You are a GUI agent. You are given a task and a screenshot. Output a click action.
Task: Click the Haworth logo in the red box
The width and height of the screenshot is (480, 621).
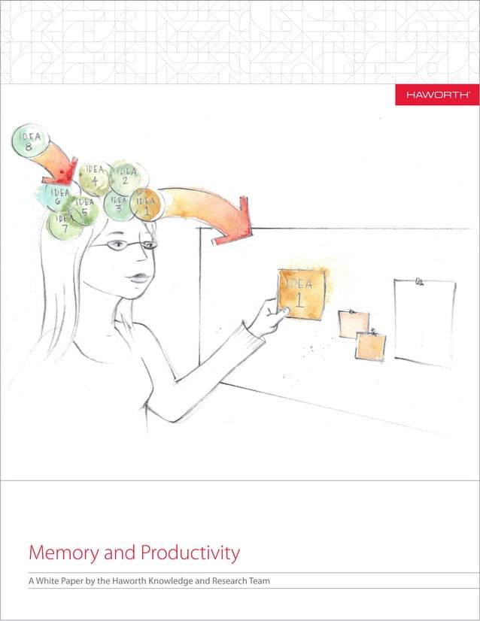coord(437,95)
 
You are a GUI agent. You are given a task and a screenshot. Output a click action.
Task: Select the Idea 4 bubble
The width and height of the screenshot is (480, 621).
coord(94,176)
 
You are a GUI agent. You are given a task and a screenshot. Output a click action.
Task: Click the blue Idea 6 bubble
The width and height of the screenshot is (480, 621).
coord(57,197)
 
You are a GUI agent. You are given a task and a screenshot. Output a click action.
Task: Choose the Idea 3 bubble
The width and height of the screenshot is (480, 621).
coord(118,204)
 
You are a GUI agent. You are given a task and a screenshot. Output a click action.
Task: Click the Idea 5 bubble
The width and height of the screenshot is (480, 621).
coord(84,209)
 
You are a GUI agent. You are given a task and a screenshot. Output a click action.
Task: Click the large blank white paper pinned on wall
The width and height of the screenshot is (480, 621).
coord(424,323)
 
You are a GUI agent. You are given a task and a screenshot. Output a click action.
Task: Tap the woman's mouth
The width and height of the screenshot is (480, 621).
coord(136,278)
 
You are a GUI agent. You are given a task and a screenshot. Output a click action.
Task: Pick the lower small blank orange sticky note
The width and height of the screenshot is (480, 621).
coord(371,345)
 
